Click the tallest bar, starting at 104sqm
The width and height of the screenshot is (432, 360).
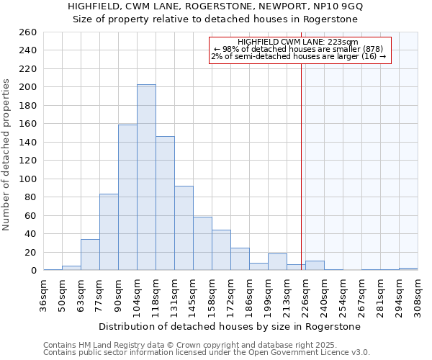click(146, 177)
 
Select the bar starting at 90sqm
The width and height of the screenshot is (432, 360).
click(127, 197)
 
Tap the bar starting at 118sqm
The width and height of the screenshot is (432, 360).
click(165, 203)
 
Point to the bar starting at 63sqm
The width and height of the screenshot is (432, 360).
click(90, 255)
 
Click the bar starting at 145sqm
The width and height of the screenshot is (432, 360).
click(202, 243)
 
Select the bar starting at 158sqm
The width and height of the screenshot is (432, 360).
click(221, 250)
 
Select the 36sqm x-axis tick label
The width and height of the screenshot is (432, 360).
click(44, 292)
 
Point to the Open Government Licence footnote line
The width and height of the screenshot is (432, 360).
click(207, 352)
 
